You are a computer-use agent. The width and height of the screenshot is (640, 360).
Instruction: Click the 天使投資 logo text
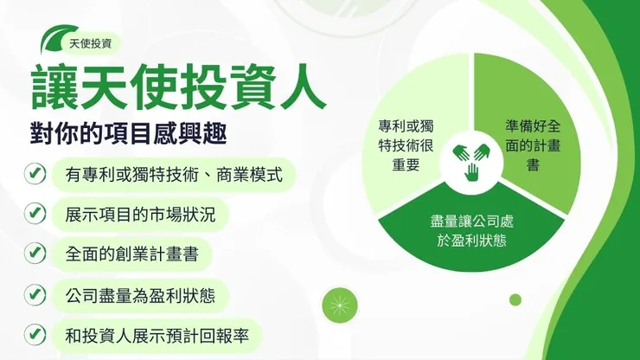pos(97,42)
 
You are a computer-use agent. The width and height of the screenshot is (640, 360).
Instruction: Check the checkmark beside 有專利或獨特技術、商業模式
pos(35,174)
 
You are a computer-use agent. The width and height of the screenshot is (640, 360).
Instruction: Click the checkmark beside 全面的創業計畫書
pos(35,254)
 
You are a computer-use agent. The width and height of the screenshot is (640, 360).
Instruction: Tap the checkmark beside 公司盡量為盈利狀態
pos(35,294)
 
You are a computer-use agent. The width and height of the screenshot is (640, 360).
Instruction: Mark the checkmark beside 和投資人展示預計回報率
pos(35,334)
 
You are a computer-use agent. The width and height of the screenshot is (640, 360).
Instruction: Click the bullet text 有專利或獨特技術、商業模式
pos(174,174)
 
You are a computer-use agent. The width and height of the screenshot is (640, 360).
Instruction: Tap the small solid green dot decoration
pos(515,299)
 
